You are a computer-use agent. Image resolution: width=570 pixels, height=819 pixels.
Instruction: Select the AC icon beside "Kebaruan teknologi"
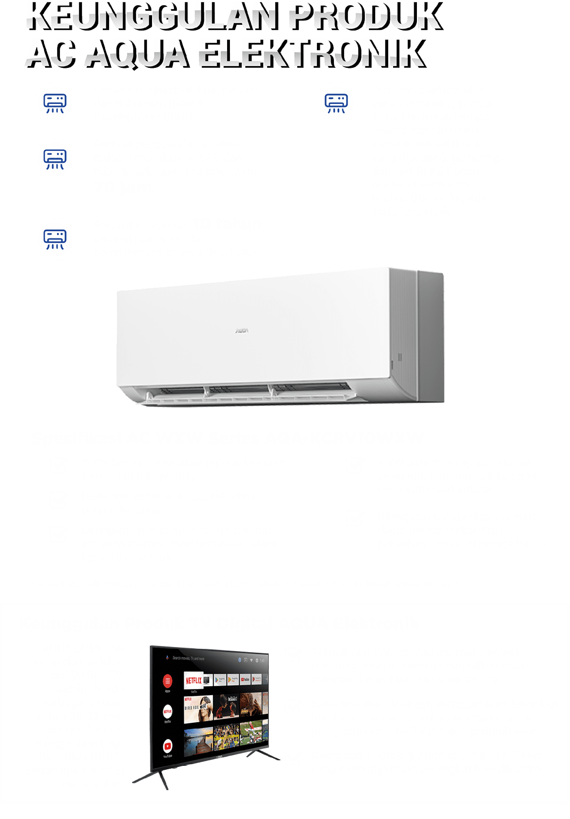point(55,103)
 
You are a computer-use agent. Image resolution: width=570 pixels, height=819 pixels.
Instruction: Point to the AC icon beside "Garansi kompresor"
point(55,238)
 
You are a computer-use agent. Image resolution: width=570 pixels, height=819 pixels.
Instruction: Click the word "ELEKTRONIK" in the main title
point(311,53)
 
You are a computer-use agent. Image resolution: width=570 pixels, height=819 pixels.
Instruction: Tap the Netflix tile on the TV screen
point(193,681)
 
